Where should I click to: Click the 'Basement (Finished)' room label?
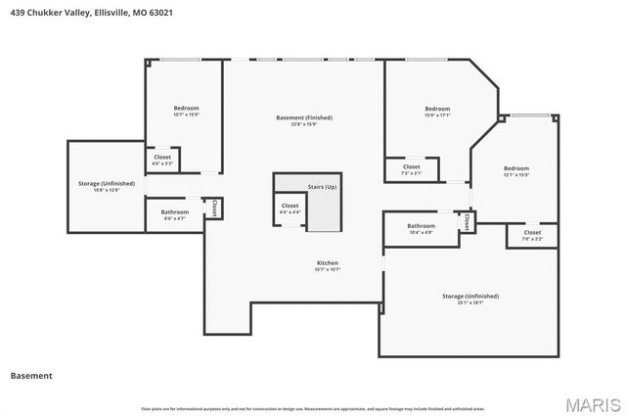[x=303, y=117]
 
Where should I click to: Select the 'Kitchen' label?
[x=327, y=263]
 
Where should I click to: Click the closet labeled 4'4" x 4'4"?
[x=290, y=208]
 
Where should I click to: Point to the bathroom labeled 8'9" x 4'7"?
[x=175, y=214]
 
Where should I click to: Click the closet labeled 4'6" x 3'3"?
[x=162, y=160]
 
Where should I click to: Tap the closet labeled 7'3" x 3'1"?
[x=412, y=169]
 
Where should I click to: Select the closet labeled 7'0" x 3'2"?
[x=532, y=235]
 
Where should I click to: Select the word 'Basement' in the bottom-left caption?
[x=30, y=375]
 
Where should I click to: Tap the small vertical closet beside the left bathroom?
[x=214, y=208]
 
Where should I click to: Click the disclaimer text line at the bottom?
[x=312, y=408]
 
